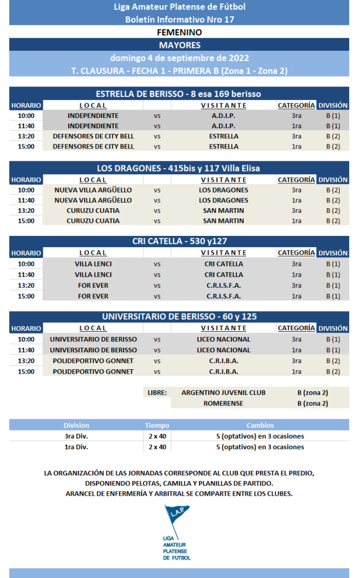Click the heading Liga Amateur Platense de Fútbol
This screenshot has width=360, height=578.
pos(179,7)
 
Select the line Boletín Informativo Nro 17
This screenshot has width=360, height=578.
pos(179,20)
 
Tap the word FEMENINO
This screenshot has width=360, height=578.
pos(179,32)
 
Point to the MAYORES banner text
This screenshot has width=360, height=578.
pos(179,45)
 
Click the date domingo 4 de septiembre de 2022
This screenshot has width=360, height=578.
pos(179,58)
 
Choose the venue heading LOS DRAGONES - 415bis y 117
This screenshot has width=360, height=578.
pos(179,168)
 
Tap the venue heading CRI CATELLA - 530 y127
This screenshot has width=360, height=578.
pos(179,242)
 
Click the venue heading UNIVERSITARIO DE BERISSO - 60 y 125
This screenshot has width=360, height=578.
pos(179,317)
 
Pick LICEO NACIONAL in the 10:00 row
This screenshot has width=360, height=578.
pos(223,339)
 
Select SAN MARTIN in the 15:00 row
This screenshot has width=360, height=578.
pos(223,221)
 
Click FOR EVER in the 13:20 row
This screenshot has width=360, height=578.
pos(93,285)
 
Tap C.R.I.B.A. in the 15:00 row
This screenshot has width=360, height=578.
pos(223,371)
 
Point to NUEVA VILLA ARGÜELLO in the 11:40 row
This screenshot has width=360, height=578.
pos(93,200)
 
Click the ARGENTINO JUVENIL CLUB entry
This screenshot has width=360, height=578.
pos(223,392)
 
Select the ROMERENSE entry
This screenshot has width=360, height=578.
pos(223,404)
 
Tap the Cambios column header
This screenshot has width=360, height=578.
pos(260,425)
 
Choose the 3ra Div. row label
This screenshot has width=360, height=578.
pos(76,436)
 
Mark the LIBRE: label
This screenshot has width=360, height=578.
pos(157,392)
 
